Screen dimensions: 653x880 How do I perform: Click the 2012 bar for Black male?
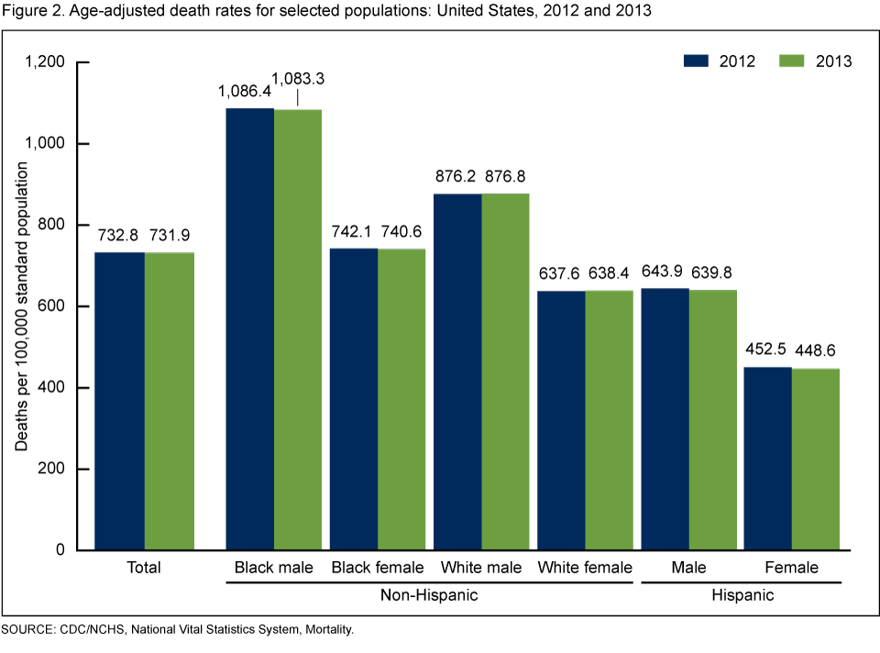250,329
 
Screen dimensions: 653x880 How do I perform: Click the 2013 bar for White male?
505,371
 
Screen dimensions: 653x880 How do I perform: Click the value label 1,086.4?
245,91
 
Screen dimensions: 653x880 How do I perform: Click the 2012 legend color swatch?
697,61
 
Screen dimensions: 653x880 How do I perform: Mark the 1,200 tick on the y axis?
45,62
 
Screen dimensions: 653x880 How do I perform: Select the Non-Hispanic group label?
429,595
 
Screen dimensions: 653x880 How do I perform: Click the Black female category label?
379,568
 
